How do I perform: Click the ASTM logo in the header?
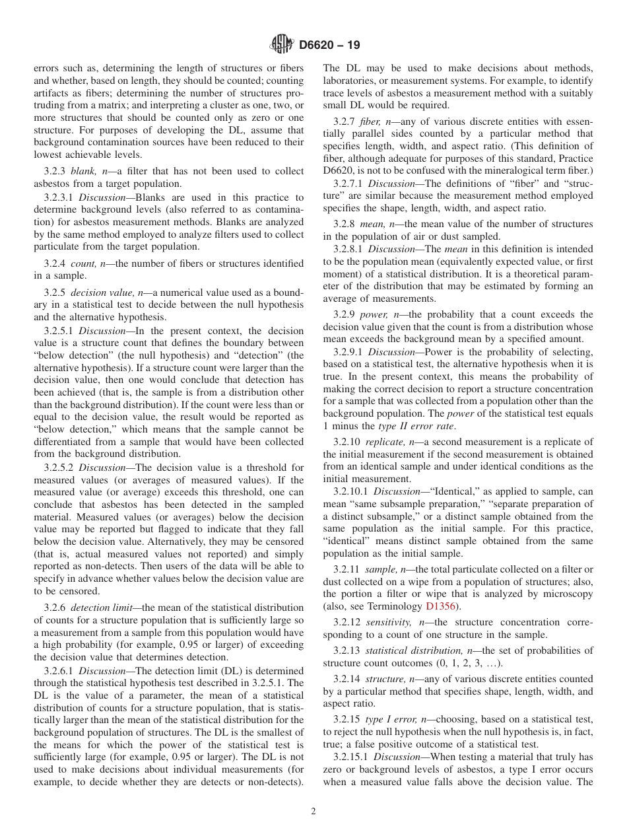(282, 45)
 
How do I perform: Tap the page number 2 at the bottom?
(313, 812)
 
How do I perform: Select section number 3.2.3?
(57, 171)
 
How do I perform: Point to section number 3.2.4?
(57, 263)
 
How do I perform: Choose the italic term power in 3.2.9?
(374, 314)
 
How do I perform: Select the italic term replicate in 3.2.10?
(385, 442)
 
